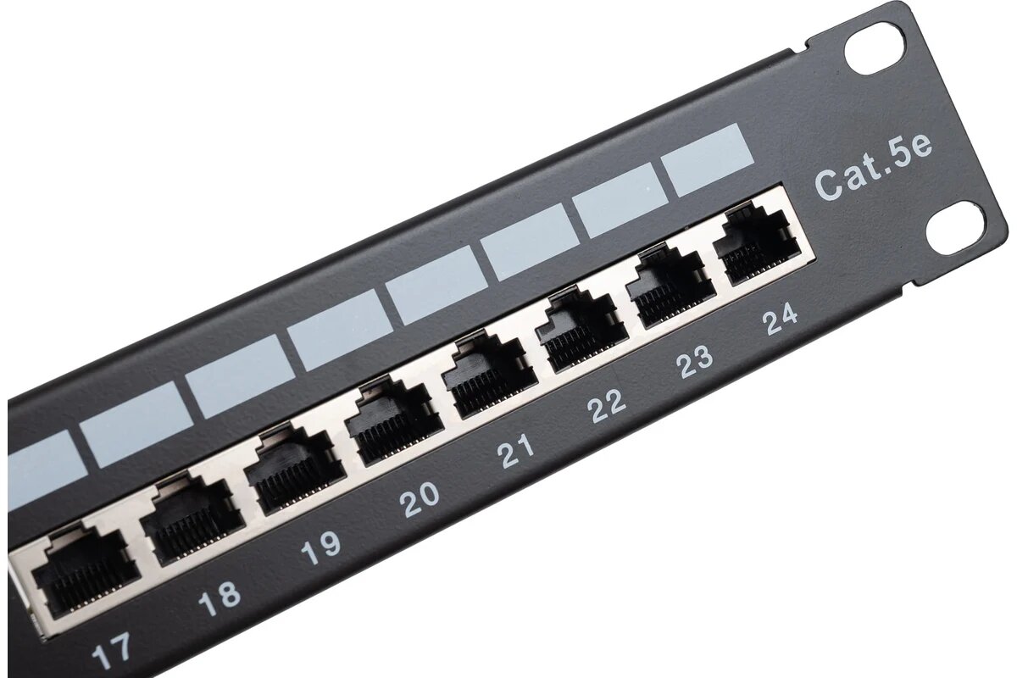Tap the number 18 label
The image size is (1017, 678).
[x=220, y=599]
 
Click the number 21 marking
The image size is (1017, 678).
[x=516, y=451]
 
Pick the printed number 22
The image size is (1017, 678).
[x=606, y=406]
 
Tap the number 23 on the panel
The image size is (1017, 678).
[x=694, y=363]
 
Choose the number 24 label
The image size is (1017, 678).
[x=780, y=320]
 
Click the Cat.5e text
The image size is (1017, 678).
[x=873, y=169]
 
